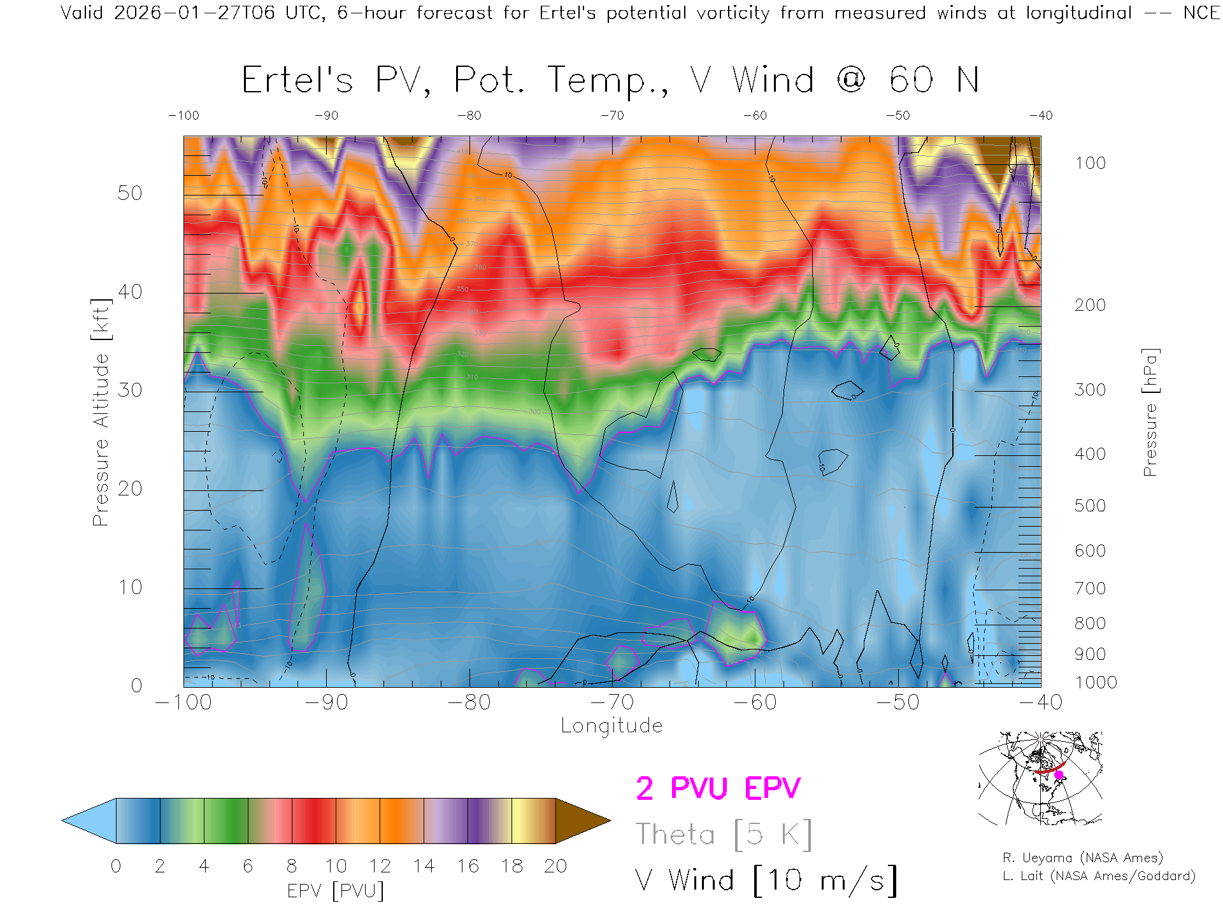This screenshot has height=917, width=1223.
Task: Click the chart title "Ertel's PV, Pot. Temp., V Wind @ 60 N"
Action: (610, 81)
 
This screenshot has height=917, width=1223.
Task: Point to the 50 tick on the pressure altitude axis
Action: (129, 193)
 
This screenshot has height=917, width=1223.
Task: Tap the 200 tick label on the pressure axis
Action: (1090, 305)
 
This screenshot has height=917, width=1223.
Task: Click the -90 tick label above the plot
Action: (326, 116)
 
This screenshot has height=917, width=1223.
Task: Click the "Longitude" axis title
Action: (611, 726)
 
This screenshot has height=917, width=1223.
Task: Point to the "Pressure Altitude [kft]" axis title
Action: (101, 412)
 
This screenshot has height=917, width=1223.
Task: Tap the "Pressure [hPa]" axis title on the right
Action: (1150, 412)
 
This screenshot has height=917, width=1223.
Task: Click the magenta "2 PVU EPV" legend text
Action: (718, 788)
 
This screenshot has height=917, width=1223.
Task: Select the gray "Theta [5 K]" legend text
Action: (724, 834)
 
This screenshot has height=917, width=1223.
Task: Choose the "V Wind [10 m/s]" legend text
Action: (766, 881)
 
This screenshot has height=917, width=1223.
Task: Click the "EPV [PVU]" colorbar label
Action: (336, 891)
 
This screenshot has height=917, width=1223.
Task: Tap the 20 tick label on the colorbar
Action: (555, 866)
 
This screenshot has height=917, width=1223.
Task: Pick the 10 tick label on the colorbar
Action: (336, 866)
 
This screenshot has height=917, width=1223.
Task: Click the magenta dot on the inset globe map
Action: (1059, 775)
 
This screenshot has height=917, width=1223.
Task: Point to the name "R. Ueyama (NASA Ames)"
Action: (1083, 858)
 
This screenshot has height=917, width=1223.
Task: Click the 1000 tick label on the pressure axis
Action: (1096, 683)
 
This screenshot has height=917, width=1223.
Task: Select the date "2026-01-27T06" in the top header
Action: (194, 13)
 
